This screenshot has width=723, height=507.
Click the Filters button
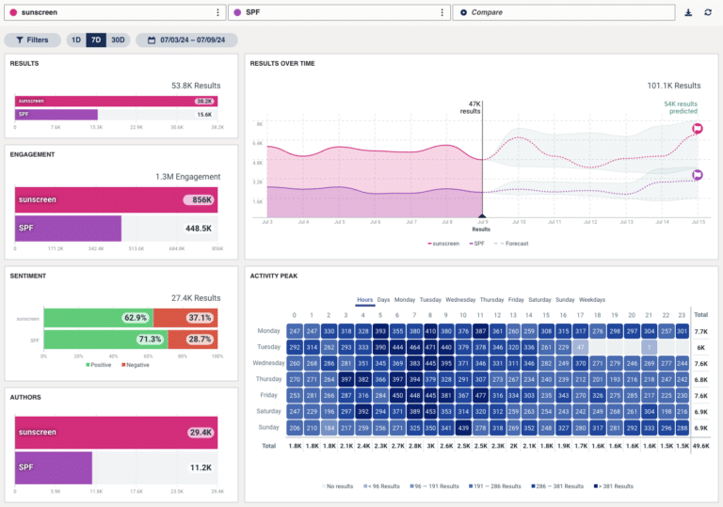click(x=33, y=40)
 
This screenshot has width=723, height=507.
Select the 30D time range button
click(x=118, y=40)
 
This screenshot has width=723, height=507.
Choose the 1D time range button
click(x=75, y=40)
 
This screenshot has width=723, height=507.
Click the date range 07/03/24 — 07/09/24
click(x=186, y=40)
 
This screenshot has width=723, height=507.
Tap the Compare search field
click(x=563, y=12)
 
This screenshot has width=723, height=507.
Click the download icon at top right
click(x=688, y=12)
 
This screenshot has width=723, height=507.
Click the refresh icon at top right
click(x=708, y=12)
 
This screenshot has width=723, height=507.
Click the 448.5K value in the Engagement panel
click(x=198, y=228)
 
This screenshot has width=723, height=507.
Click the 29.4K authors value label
click(x=201, y=432)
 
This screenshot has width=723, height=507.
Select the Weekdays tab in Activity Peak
click(x=592, y=300)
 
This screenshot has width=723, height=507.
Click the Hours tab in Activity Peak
click(x=364, y=300)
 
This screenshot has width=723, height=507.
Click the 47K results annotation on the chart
click(x=470, y=107)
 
